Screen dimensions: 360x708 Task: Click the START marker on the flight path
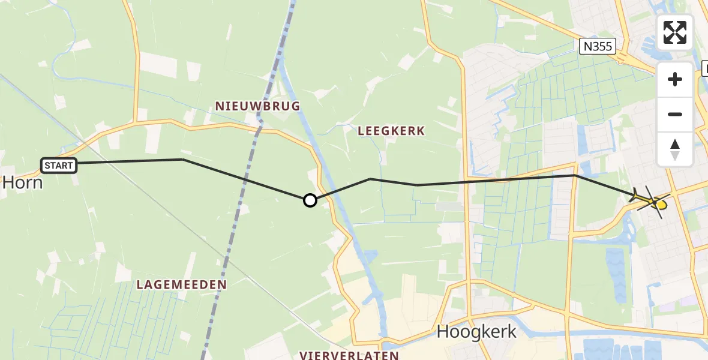click(59, 165)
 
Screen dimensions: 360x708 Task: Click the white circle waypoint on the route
click(310, 200)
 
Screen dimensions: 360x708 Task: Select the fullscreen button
click(675, 32)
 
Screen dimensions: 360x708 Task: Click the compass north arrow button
click(675, 149)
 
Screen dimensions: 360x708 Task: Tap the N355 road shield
click(598, 46)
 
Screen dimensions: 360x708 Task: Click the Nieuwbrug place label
click(257, 106)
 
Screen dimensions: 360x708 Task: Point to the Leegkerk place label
click(391, 131)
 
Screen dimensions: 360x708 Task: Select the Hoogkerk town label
click(476, 331)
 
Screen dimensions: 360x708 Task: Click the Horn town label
click(22, 182)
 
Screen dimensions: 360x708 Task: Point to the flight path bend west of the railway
click(182, 160)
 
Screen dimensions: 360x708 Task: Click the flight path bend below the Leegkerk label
click(370, 179)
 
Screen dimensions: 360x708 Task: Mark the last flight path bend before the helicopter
click(575, 175)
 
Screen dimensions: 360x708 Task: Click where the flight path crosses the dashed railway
click(246, 179)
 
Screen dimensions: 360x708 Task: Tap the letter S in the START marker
click(47, 165)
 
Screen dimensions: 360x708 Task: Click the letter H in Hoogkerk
click(443, 331)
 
